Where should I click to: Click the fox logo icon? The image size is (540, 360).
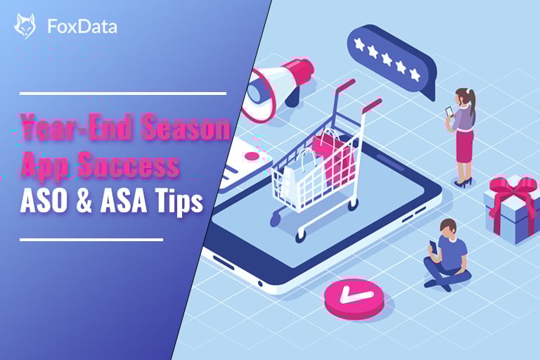click(x=25, y=27)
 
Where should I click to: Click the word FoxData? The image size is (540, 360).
click(x=82, y=27)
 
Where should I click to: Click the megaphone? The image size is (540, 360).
click(x=276, y=88)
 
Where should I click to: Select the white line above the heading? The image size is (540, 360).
click(x=123, y=92)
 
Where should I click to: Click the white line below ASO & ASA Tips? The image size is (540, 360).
click(x=91, y=239)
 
